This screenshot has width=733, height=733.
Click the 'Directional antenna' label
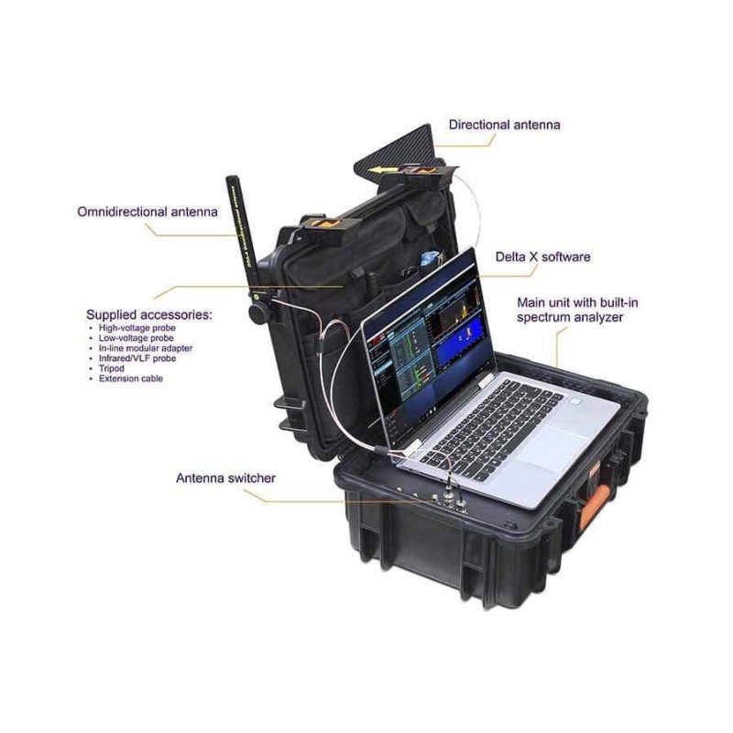point(504,124)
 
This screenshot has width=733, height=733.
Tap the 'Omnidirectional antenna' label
point(148,212)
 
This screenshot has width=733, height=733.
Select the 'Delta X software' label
point(542,257)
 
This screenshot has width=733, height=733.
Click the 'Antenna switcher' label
point(225,477)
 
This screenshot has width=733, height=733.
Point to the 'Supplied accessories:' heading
point(148,314)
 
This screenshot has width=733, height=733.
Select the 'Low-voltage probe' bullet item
point(136,337)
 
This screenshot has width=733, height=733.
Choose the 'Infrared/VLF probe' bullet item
point(137,358)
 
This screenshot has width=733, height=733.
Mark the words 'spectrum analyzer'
point(570,317)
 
